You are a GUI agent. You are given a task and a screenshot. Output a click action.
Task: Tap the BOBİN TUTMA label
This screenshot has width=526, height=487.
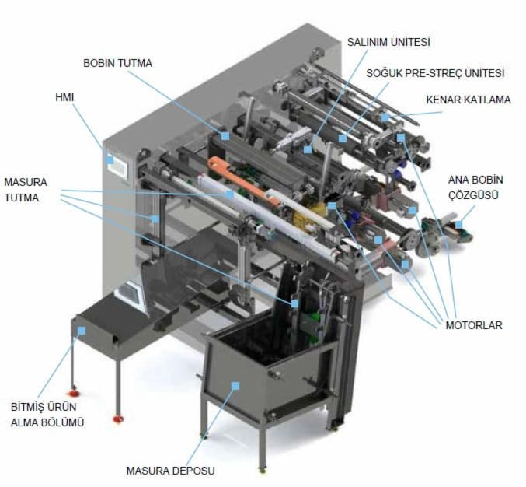tap(118, 62)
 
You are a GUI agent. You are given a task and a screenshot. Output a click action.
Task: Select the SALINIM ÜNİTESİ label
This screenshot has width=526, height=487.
tap(388, 41)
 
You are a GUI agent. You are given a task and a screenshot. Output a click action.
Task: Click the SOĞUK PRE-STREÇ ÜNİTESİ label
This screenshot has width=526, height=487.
tap(435, 73)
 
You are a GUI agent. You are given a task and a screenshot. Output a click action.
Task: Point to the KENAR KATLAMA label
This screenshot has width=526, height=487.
tap(468, 100)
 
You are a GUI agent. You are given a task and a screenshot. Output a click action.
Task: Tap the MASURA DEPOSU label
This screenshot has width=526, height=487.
tap(170, 470)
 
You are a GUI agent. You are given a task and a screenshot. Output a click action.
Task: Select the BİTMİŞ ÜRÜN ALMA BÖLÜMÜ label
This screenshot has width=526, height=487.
tap(47, 415)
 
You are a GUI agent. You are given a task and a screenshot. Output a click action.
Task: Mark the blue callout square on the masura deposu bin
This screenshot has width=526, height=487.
tap(236, 384)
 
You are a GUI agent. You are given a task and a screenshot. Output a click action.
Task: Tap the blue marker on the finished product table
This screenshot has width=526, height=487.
tap(82, 330)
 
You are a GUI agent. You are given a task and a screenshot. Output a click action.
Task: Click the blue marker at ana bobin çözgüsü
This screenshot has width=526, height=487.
tap(458, 225)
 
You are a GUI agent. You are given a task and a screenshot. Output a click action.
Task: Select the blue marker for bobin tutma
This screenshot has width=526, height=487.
tap(225, 135)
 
